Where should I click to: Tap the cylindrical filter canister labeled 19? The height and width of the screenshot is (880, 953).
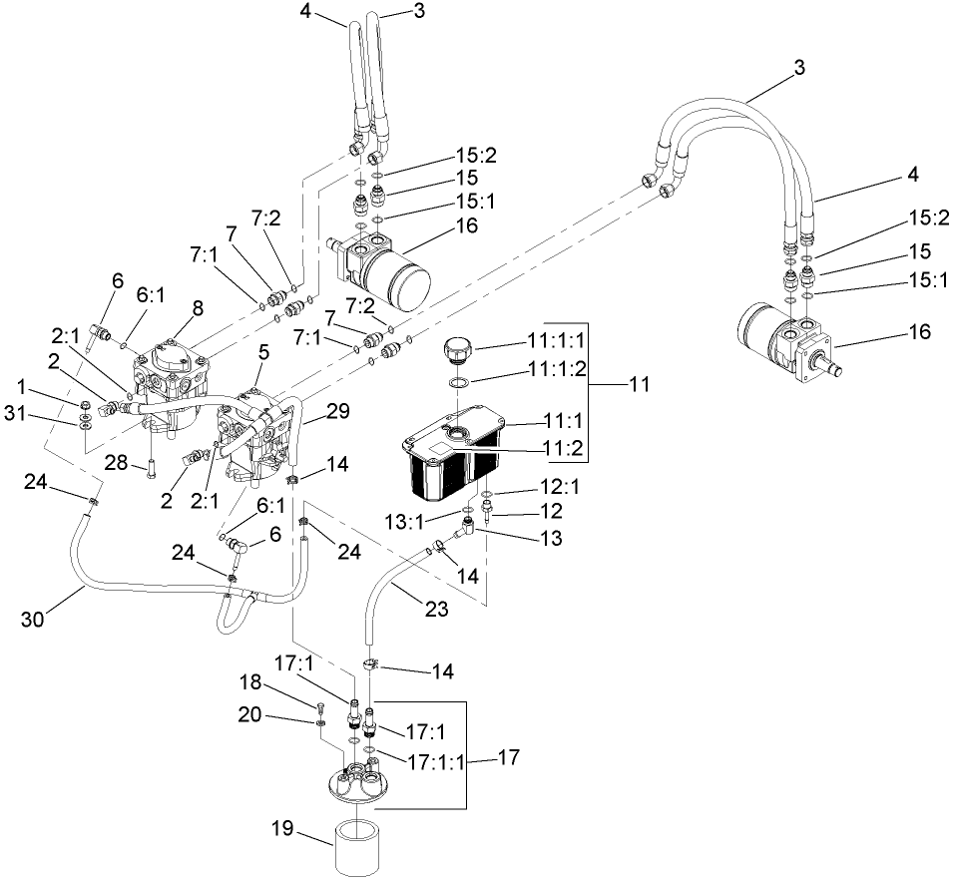[362, 846]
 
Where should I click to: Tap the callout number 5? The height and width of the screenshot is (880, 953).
[263, 351]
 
